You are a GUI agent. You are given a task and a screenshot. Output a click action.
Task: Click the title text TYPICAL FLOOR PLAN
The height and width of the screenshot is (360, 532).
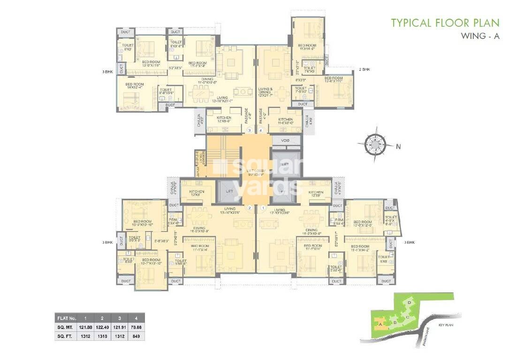(x=445, y=22)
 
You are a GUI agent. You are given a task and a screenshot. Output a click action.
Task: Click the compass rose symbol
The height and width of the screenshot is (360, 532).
(x=374, y=144)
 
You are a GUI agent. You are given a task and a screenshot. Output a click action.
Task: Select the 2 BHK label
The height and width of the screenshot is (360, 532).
(x=364, y=69)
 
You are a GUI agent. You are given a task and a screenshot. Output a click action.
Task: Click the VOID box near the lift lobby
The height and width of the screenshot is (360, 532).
(x=285, y=141)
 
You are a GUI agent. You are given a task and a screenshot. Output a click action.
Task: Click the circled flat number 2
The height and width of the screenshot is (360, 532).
(x=250, y=208)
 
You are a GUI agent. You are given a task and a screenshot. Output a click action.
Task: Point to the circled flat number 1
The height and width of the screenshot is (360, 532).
(x=263, y=208)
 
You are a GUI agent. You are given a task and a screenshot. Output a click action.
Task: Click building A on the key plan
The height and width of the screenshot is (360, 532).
(x=381, y=322)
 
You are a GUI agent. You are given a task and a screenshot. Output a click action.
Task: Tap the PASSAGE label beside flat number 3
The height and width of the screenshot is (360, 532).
(x=246, y=115)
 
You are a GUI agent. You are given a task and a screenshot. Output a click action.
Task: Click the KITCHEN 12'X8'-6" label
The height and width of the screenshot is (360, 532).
(x=223, y=120)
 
